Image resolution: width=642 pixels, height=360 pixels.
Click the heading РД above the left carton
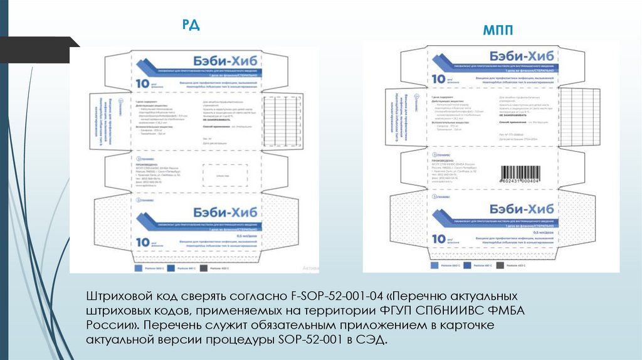(191, 24)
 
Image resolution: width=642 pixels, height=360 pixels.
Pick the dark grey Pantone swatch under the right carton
(500, 265)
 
